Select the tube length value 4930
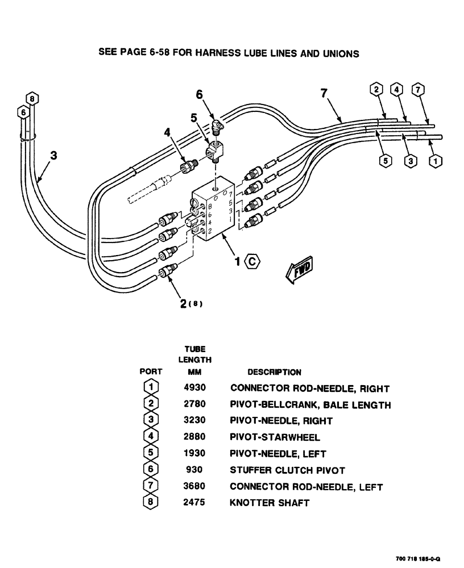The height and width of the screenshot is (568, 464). click(195, 389)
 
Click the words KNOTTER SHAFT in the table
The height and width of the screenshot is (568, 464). click(270, 503)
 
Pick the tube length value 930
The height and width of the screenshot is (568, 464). click(195, 470)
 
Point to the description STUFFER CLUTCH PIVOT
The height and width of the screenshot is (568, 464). click(287, 470)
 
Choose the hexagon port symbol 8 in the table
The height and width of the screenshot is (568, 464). click(151, 503)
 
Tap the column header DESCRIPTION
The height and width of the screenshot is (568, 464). click(274, 372)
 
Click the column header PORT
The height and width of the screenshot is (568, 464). click(151, 372)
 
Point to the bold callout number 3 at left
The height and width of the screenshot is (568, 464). click(53, 154)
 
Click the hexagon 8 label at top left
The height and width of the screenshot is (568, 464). click(33, 98)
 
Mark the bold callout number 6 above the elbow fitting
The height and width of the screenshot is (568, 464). click(200, 95)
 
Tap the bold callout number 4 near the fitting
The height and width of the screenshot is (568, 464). click(167, 132)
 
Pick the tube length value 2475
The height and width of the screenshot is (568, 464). click(195, 503)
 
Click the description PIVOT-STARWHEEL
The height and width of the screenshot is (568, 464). click(275, 437)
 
